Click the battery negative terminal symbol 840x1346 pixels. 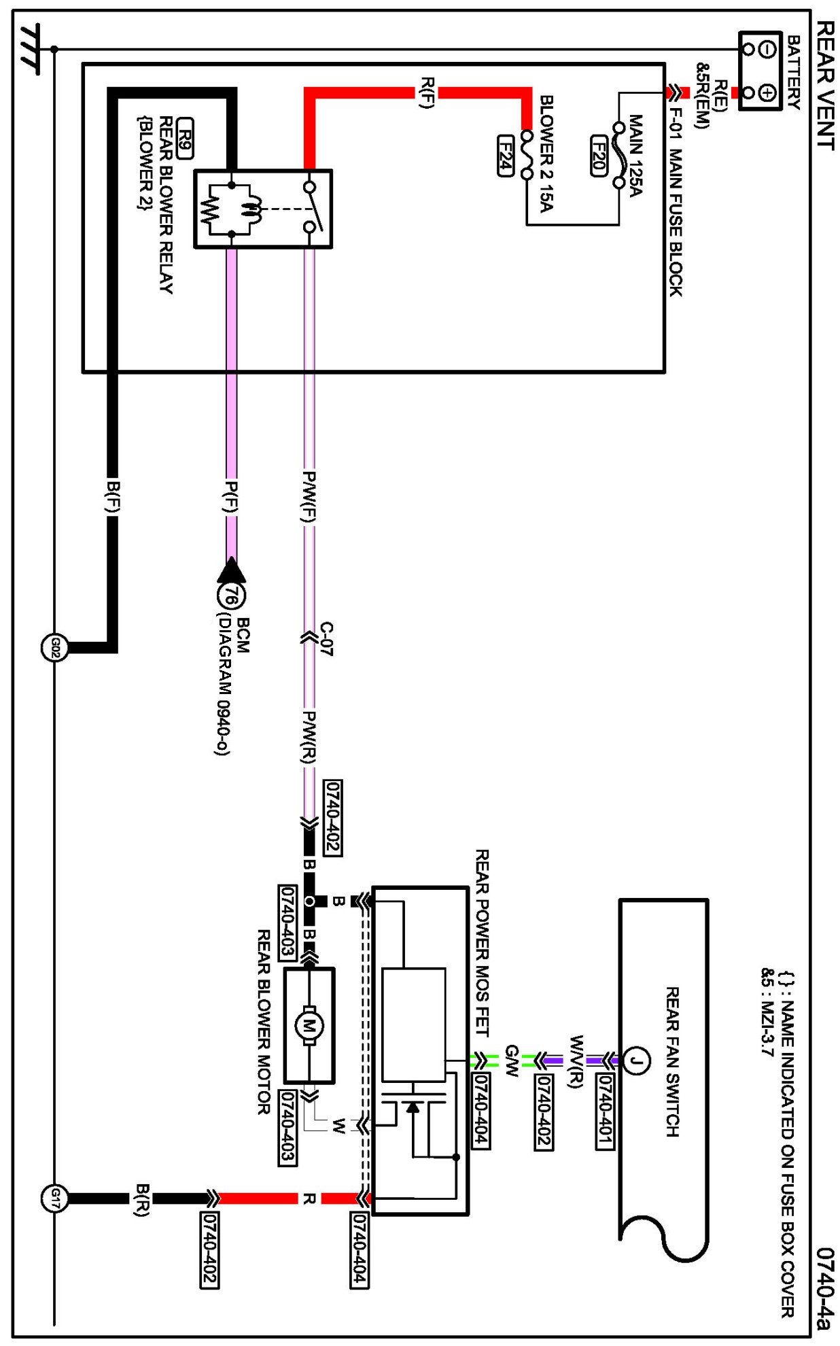coord(767,50)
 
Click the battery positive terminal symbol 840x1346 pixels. coord(767,92)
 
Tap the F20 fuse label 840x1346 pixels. coord(598,155)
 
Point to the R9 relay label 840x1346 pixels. coord(185,139)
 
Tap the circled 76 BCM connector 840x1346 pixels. coord(231,596)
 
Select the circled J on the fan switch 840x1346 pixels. coord(636,1060)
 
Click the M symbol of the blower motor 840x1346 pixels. coord(309,1025)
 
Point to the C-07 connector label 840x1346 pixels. coord(326,638)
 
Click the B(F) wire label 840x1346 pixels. coord(113,498)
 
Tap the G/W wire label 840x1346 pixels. coord(512,1060)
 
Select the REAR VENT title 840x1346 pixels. coord(824,85)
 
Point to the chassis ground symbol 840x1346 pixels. coord(29,49)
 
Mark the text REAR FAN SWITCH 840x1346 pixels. coord(671,1061)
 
